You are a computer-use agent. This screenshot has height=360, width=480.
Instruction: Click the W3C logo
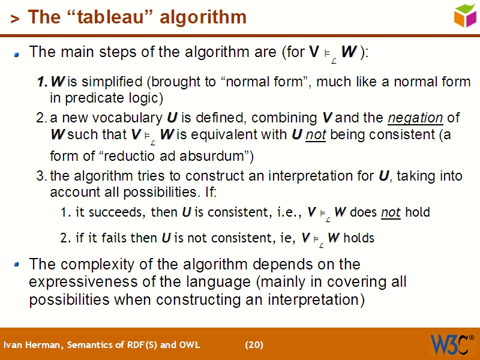click(450, 344)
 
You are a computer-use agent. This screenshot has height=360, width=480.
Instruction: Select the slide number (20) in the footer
click(254, 344)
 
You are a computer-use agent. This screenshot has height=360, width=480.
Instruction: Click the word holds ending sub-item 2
click(359, 238)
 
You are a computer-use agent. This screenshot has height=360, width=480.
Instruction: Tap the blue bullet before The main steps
click(17, 53)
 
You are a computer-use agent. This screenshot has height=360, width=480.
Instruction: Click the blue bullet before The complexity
click(17, 265)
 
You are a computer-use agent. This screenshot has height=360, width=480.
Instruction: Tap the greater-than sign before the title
click(14, 19)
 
